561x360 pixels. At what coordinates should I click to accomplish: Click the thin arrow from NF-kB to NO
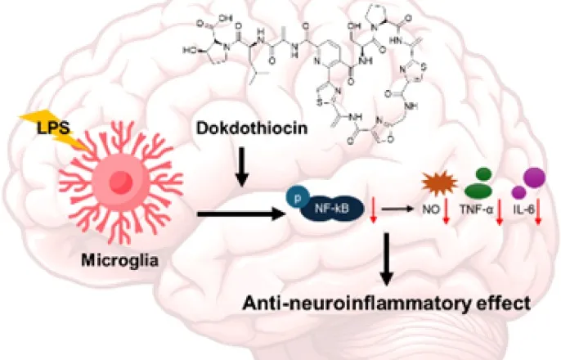point(400,209)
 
